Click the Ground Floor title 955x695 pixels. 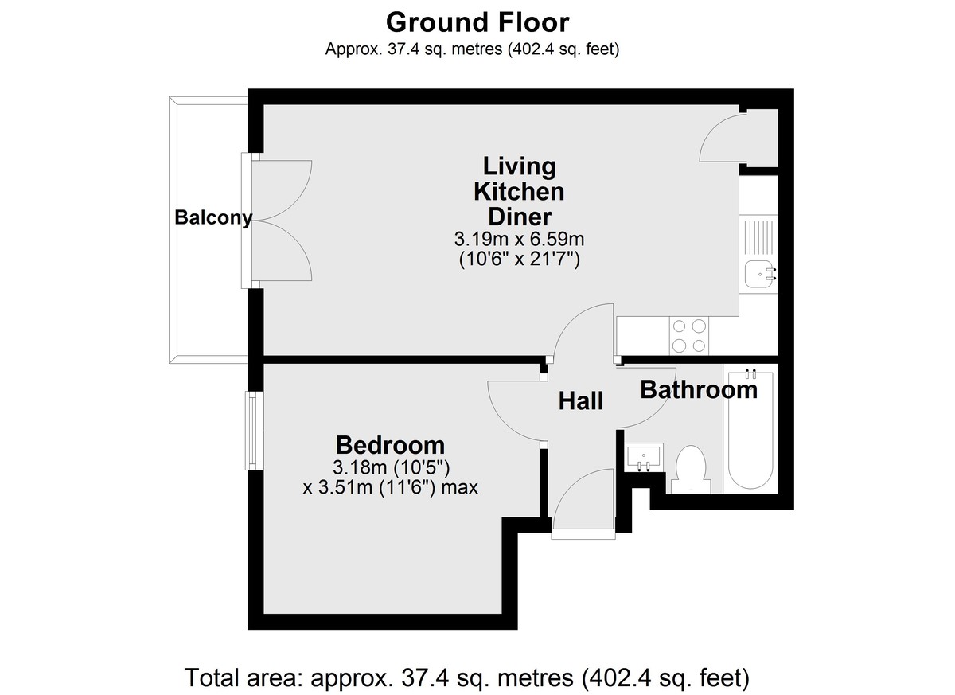pyautogui.click(x=477, y=22)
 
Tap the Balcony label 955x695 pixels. pyautogui.click(x=213, y=218)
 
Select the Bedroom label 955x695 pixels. pyautogui.click(x=390, y=445)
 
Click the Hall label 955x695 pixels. pyautogui.click(x=581, y=401)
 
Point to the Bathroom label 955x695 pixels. pyautogui.click(x=699, y=390)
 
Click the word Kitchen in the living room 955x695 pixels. pyautogui.click(x=519, y=192)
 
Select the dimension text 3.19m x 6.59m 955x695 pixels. pyautogui.click(x=519, y=239)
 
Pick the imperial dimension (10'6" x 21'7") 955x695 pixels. pyautogui.click(x=519, y=260)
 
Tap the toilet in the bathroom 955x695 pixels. pyautogui.click(x=691, y=470)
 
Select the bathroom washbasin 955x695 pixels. pyautogui.click(x=643, y=457)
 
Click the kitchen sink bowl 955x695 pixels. pyautogui.click(x=760, y=274)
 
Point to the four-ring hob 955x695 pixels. pyautogui.click(x=688, y=336)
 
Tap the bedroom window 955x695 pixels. pyautogui.click(x=254, y=431)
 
